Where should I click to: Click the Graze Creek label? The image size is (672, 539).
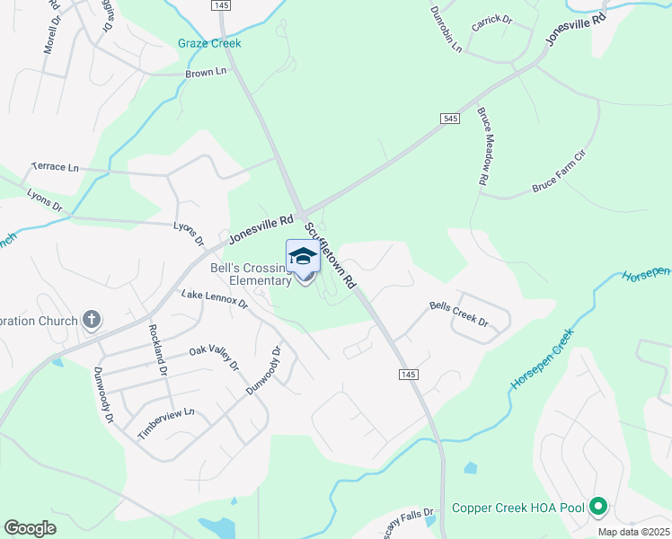coord(209,43)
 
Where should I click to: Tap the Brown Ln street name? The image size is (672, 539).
coord(206,74)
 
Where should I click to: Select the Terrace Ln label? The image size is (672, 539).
coord(55,167)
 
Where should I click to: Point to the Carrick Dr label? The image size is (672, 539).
coord(491,20)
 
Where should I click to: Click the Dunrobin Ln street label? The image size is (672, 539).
coord(446,29)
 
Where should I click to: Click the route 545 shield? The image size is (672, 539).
coord(451,119)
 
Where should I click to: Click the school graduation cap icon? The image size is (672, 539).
coord(304,257)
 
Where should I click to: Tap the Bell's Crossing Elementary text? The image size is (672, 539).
coord(251,274)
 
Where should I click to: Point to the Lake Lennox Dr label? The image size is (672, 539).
coord(214,298)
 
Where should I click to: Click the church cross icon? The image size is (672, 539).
coord(91,319)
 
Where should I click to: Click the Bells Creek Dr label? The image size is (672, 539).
coord(458,314)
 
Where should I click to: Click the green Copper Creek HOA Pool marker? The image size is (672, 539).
coord(598,508)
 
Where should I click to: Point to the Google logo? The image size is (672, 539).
coord(30,528)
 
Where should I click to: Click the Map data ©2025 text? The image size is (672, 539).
coord(632,532)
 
